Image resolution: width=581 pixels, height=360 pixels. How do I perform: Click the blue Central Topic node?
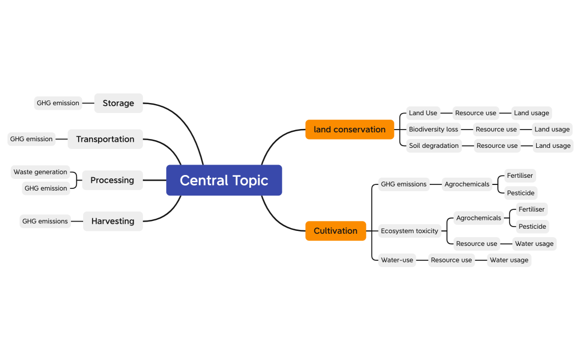[224, 180]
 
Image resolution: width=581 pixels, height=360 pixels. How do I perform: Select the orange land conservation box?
[349, 130]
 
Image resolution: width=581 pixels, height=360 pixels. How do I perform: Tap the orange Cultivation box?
[336, 231]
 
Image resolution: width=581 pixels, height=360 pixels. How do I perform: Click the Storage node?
[118, 103]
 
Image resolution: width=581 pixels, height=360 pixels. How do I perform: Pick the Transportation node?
[105, 139]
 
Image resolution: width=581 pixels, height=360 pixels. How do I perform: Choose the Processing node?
[112, 180]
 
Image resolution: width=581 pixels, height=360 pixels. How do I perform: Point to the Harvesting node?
[112, 221]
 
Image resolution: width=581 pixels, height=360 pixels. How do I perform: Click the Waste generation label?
[40, 172]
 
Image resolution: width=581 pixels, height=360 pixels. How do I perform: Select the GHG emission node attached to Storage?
[58, 103]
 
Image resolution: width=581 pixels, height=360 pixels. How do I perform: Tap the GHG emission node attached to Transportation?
[32, 139]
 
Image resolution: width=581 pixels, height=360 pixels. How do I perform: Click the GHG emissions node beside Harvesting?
[45, 221]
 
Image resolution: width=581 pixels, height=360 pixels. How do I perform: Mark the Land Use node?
[423, 113]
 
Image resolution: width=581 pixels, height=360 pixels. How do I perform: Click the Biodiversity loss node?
[434, 129]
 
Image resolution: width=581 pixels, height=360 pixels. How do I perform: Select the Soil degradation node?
[434, 146]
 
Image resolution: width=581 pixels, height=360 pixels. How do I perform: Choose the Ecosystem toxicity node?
[409, 231]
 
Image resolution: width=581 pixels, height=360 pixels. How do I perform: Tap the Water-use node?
[397, 260]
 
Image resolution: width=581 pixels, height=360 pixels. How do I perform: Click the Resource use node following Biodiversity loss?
[496, 129]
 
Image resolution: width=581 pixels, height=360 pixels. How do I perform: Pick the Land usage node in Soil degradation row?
[553, 146]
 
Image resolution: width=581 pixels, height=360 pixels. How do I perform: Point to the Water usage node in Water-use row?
[509, 260]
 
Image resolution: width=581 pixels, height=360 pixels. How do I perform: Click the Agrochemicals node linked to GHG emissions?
[467, 184]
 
